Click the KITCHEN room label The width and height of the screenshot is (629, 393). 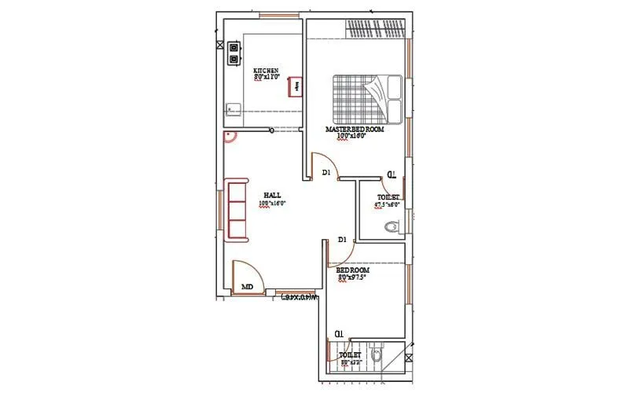[266, 71]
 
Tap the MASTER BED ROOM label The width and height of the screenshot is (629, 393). [355, 129]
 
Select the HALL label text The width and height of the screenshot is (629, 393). [272, 195]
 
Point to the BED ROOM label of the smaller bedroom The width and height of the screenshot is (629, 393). [352, 270]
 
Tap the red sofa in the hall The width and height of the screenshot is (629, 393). [236, 209]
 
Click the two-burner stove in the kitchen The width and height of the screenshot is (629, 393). [234, 53]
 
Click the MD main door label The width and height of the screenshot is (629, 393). [247, 287]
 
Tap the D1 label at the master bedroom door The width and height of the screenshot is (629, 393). [326, 172]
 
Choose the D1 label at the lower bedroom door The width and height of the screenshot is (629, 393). [342, 239]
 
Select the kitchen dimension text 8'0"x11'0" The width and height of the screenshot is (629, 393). [266, 78]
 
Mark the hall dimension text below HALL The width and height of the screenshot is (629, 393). [272, 203]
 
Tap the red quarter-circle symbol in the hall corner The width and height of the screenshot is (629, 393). [230, 138]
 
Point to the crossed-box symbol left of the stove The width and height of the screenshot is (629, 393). [219, 46]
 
